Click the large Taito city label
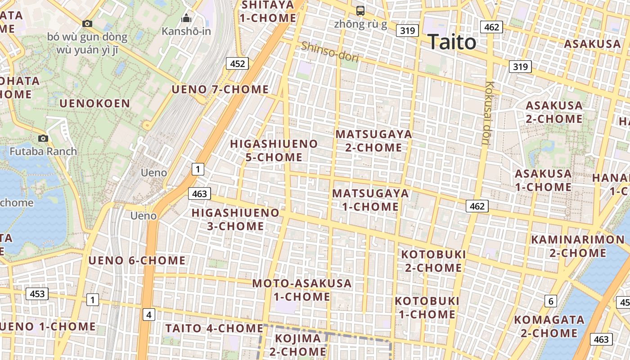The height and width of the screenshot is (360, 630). [x=452, y=42]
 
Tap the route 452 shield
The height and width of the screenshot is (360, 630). [x=237, y=63]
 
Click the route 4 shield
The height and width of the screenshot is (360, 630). [x=149, y=315]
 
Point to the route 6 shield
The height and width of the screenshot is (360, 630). [x=550, y=301]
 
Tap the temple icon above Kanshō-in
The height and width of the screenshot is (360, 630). [x=186, y=18]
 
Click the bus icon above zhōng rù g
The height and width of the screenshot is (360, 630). [x=360, y=10]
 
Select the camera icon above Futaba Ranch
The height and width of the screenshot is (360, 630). [x=43, y=138]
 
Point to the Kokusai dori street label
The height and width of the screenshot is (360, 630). [x=487, y=112]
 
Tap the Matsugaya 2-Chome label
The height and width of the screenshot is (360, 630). [x=373, y=141]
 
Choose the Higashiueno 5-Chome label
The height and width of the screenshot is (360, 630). [x=274, y=150]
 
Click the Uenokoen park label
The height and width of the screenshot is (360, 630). [x=95, y=103]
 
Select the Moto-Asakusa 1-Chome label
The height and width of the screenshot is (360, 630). [x=302, y=290]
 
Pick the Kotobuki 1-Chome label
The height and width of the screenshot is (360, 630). [x=427, y=307]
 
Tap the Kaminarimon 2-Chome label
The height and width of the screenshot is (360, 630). [x=578, y=246]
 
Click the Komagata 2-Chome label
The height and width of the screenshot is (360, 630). [x=549, y=326]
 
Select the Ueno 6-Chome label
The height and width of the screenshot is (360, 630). [x=137, y=260]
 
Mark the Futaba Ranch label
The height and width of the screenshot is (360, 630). [x=43, y=151]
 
